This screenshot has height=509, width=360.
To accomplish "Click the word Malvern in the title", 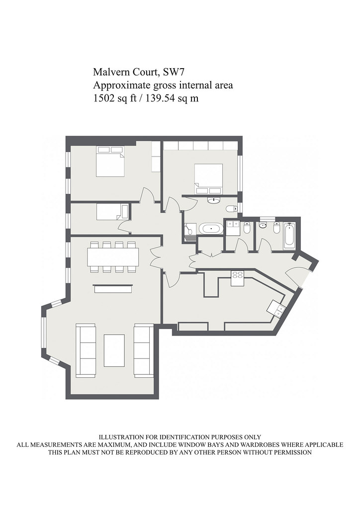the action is pos(107,72).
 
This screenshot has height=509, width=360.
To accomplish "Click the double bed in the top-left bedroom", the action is pos(110,162).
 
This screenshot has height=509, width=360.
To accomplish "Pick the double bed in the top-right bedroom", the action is pos(208,179).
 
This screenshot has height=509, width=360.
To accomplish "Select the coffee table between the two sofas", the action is pos(114,350).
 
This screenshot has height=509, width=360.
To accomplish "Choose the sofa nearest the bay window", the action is pos(86,350).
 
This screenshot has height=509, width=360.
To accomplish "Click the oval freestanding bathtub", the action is pos(211,229).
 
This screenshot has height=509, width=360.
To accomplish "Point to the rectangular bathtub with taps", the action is pos(289,236).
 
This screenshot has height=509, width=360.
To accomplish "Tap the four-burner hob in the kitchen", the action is pos(237,278).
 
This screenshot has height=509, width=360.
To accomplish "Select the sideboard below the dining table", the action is pos(113,288).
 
